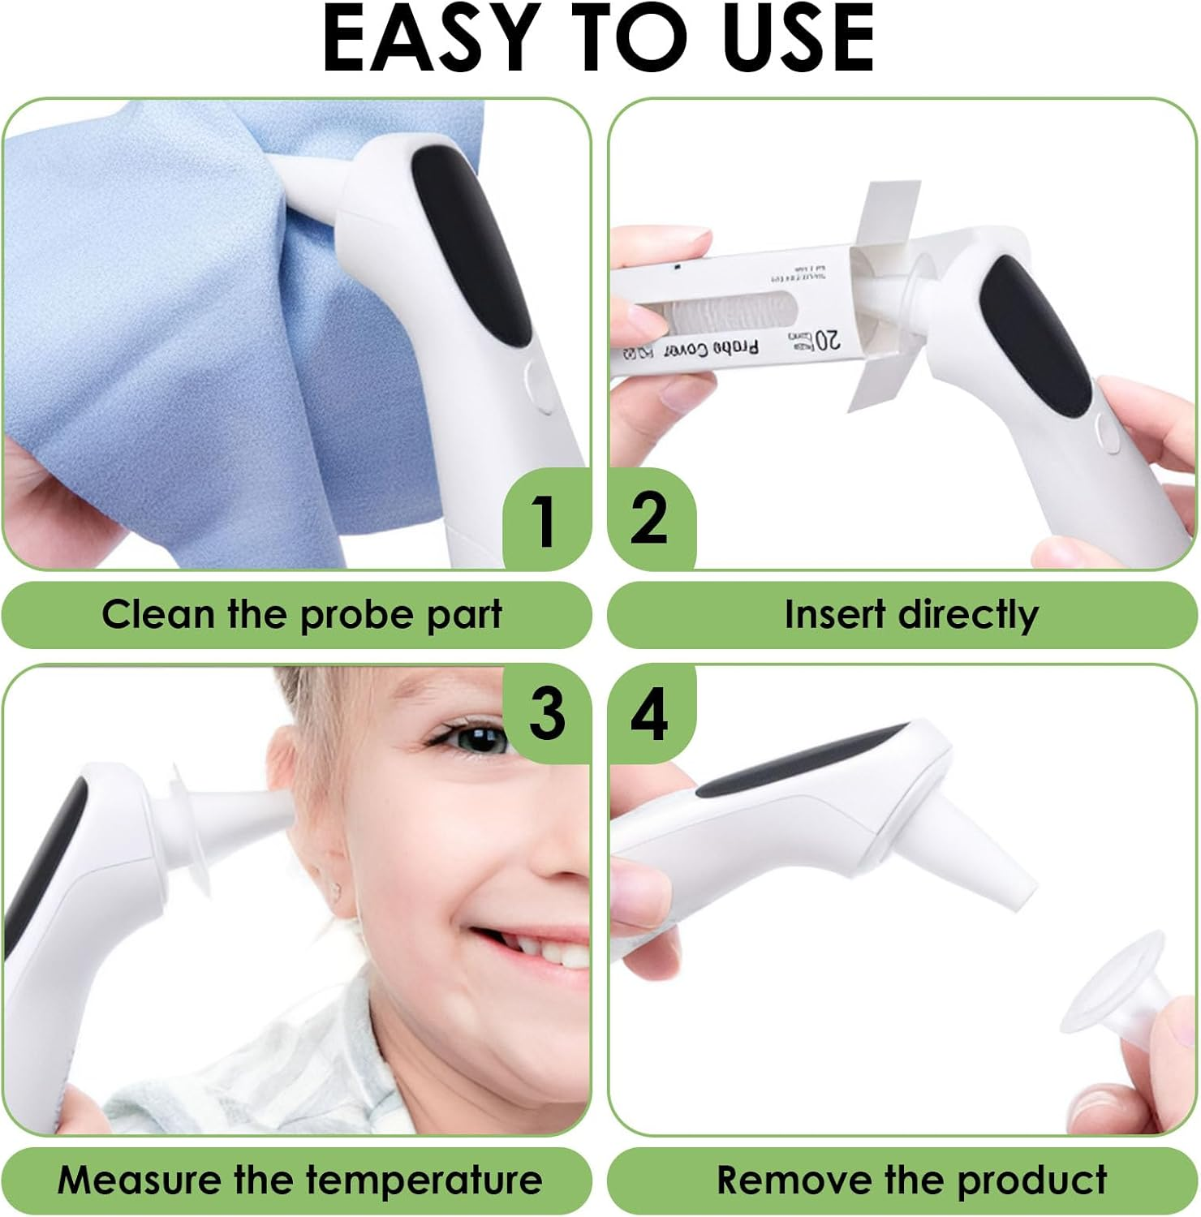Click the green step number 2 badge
click(x=649, y=519)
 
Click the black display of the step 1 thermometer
click(x=471, y=243)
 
